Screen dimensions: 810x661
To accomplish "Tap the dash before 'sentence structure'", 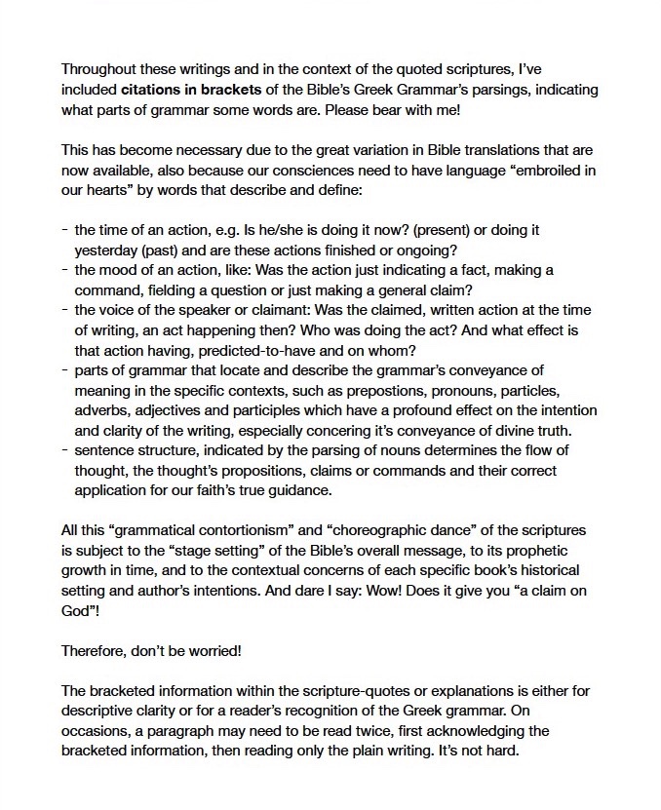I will (64, 450).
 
